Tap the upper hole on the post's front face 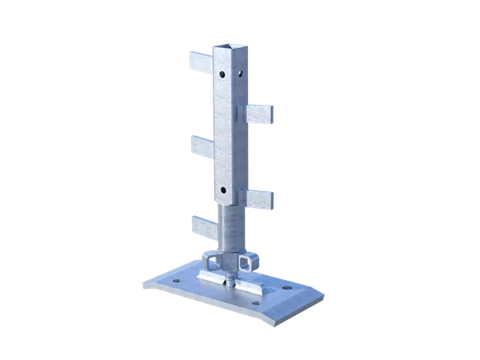point(222,75)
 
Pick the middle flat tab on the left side point(200,146)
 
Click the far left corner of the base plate point(161,280)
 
